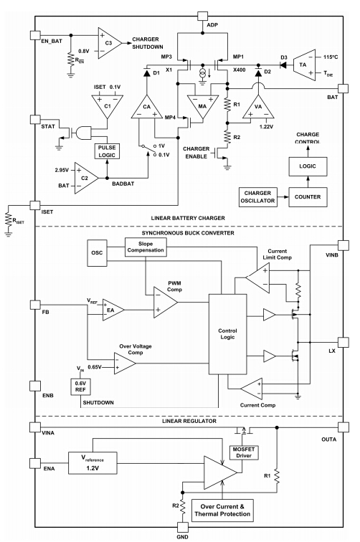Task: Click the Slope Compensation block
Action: (x=148, y=247)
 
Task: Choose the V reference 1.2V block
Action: (x=93, y=461)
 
